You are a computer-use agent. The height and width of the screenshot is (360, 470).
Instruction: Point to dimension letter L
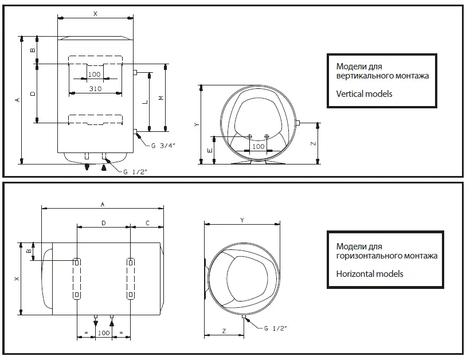pyautogui.click(x=145, y=101)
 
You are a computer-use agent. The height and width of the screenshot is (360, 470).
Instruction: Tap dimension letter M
pyautogui.click(x=160, y=98)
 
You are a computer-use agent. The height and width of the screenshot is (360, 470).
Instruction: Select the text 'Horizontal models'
pyautogui.click(x=369, y=273)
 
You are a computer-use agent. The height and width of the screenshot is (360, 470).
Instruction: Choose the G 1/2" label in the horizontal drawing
pyautogui.click(x=275, y=328)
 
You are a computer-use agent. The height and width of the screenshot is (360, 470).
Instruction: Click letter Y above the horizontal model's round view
pyautogui.click(x=242, y=220)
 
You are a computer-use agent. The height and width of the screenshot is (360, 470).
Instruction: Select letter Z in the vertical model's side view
pyautogui.click(x=313, y=144)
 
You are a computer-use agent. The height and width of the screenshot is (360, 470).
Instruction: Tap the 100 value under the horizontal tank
pyautogui.click(x=103, y=333)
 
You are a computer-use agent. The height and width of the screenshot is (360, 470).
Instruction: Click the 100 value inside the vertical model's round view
pyautogui.click(x=258, y=147)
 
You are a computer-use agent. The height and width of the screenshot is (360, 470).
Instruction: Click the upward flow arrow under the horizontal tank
pyautogui.click(x=112, y=324)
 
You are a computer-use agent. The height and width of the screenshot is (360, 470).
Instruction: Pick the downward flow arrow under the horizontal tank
pyautogui.click(x=95, y=324)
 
